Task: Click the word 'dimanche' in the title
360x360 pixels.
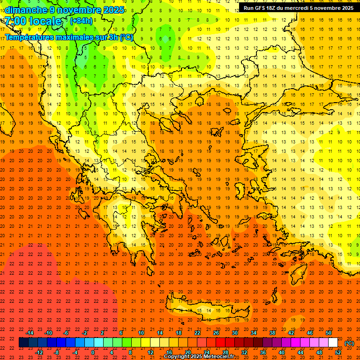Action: coord(24,10)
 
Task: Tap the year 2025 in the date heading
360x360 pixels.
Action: coord(113,10)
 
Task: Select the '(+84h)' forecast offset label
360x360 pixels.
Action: coord(81,21)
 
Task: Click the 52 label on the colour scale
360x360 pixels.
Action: coord(338,352)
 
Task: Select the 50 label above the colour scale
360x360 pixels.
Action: coord(329,333)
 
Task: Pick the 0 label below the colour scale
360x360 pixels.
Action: coord(92,352)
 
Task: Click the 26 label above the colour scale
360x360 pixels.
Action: coord(216,333)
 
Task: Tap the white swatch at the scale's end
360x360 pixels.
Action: coord(333,343)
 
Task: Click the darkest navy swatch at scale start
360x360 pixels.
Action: coord(23,343)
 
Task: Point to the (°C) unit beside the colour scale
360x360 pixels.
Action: coord(349,343)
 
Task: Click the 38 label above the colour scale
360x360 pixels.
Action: coord(272,333)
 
